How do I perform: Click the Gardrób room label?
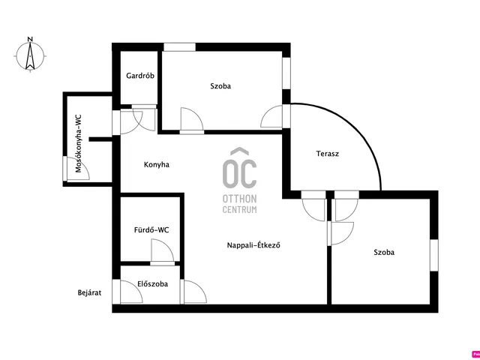click(140, 76)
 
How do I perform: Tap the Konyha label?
click(157, 165)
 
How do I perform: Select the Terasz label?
click(328, 154)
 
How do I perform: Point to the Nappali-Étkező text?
click(254, 245)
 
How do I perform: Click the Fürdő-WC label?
click(151, 230)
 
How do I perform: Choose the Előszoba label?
click(153, 283)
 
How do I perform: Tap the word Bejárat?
click(89, 293)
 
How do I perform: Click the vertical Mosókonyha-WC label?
click(79, 143)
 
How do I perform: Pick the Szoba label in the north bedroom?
click(220, 86)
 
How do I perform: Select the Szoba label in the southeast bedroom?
click(384, 253)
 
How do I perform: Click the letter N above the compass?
click(30, 39)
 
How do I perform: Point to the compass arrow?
click(30, 56)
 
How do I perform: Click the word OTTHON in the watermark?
click(240, 199)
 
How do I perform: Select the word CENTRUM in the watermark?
click(240, 210)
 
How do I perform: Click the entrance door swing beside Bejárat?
click(132, 292)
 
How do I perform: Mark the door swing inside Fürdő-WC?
click(163, 250)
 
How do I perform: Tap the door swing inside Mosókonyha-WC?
click(78, 169)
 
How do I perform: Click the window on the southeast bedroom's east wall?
click(434, 255)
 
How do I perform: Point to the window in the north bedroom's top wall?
click(180, 46)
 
